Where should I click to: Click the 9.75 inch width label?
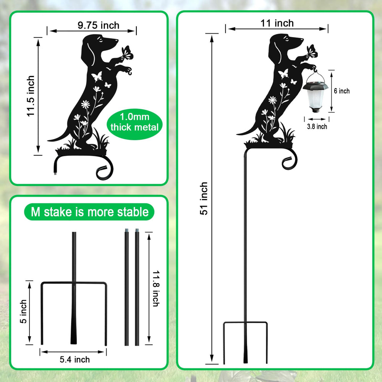pyautogui.click(x=99, y=25)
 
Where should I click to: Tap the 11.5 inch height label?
pyautogui.click(x=31, y=96)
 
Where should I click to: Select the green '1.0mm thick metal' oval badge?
pyautogui.click(x=134, y=124)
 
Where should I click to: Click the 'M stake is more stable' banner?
pyautogui.click(x=89, y=212)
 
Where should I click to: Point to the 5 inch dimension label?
pyautogui.click(x=23, y=311)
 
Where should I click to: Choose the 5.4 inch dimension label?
pyautogui.click(x=75, y=359)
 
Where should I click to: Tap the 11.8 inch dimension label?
pyautogui.click(x=156, y=288)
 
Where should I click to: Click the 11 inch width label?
pyautogui.click(x=277, y=23)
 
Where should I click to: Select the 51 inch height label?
pyautogui.click(x=204, y=198)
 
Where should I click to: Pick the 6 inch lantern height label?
pyautogui.click(x=342, y=91)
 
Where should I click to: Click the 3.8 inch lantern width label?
pyautogui.click(x=317, y=127)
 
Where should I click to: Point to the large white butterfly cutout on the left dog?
pyautogui.click(x=97, y=76)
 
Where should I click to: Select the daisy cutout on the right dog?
pyautogui.click(x=272, y=100)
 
